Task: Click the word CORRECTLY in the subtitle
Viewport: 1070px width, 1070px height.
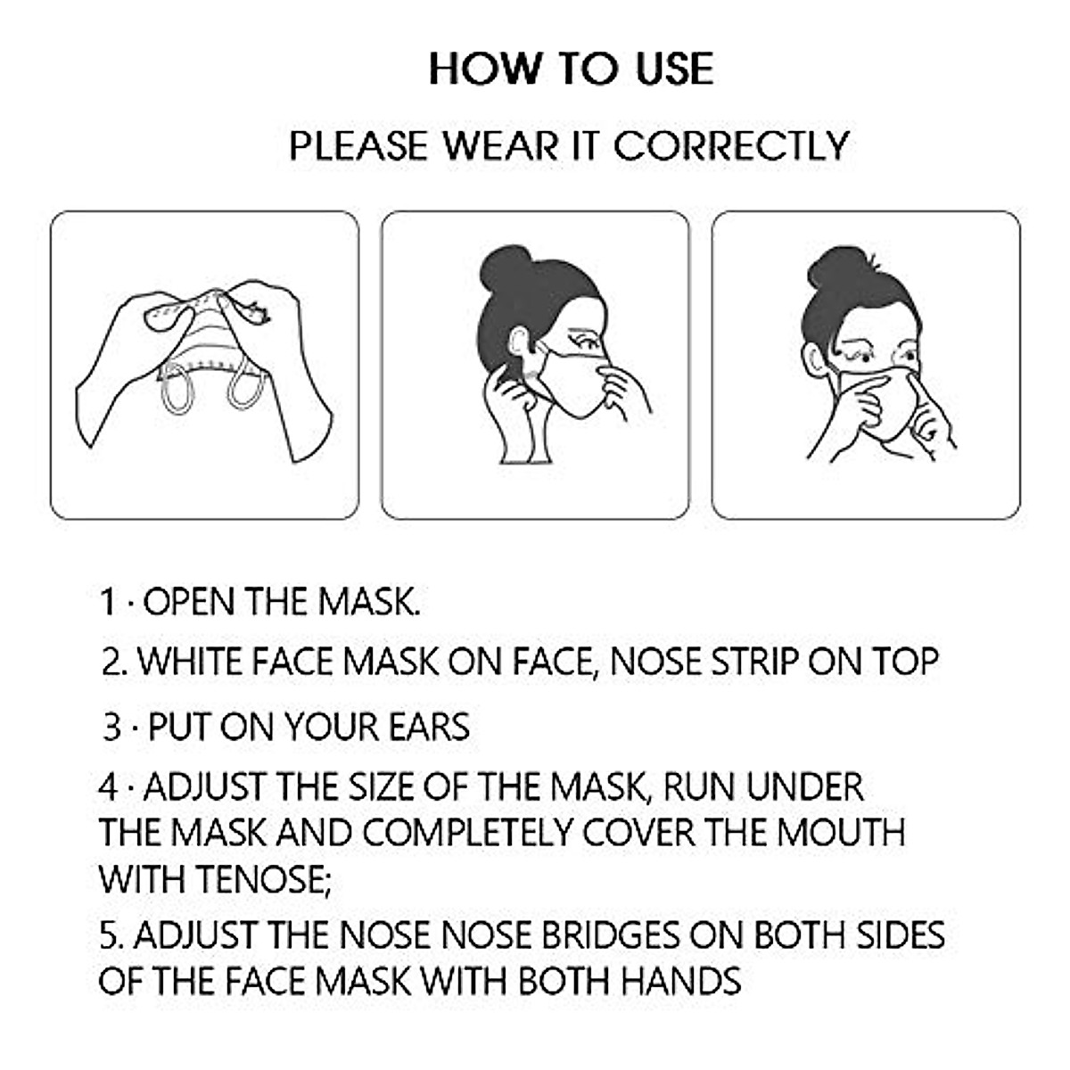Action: click(732, 146)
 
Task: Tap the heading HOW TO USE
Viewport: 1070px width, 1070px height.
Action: click(572, 70)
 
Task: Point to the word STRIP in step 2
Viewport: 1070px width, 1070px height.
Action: click(754, 663)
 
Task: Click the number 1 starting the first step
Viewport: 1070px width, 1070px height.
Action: click(108, 603)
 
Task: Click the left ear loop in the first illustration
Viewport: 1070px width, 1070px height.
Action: click(177, 393)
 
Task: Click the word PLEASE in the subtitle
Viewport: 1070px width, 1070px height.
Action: click(359, 146)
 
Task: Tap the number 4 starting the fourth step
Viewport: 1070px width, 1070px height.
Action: click(108, 787)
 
